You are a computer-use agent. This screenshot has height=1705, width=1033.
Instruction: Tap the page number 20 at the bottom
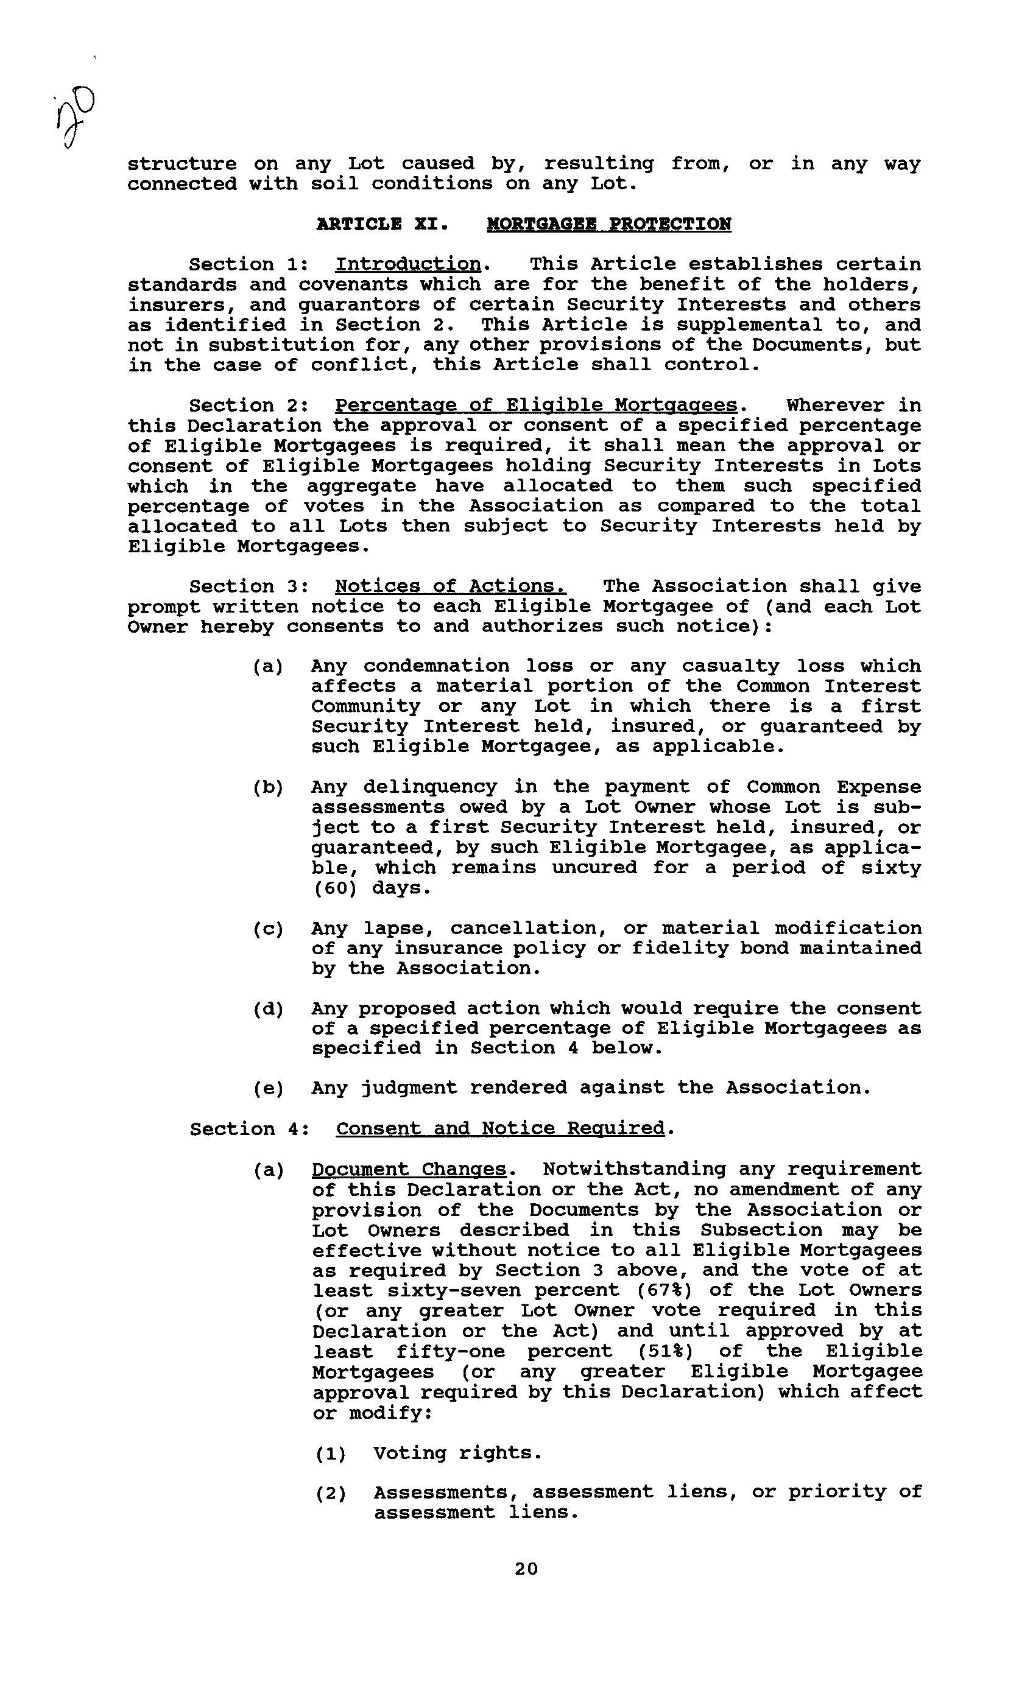(526, 1568)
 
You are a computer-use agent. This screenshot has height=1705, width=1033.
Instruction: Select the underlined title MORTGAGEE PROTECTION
(608, 224)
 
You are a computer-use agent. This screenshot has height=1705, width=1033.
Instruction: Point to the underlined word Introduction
(409, 264)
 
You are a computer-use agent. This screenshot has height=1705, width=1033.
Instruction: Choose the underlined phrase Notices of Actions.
(450, 587)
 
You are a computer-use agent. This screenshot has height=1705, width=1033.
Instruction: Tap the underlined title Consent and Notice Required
(500, 1128)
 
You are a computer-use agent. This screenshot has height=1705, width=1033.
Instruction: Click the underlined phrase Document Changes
(409, 1169)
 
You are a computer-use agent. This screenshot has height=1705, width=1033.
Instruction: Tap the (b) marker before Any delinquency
(268, 787)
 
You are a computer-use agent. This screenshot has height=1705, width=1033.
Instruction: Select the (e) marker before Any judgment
(268, 1089)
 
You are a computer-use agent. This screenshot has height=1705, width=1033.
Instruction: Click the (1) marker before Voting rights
(330, 1453)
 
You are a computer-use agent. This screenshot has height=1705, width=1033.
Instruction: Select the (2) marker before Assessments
(330, 1493)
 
